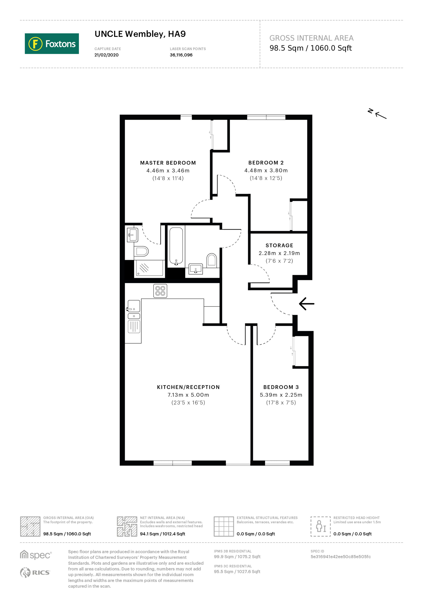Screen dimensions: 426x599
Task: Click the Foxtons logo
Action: tap(52, 44)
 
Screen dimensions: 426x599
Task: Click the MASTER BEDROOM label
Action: tap(168, 163)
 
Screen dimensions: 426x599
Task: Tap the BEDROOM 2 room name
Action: tap(266, 163)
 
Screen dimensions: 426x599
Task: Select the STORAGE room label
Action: tap(279, 245)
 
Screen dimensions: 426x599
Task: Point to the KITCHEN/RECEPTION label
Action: tap(188, 387)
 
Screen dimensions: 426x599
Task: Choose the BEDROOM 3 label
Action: tap(281, 387)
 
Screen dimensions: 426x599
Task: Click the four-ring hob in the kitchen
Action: tap(160, 291)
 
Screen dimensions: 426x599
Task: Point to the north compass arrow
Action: tap(381, 115)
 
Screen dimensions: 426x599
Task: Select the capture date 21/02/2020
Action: tap(106, 55)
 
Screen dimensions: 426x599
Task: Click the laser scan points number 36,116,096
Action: tap(181, 55)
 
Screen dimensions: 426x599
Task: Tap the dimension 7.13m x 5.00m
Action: tap(188, 395)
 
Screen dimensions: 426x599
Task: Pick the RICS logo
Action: tap(35, 572)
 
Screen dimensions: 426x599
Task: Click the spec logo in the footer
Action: tap(36, 555)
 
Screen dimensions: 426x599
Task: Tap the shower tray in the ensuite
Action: tap(149, 268)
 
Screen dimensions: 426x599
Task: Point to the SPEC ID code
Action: tap(340, 557)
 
